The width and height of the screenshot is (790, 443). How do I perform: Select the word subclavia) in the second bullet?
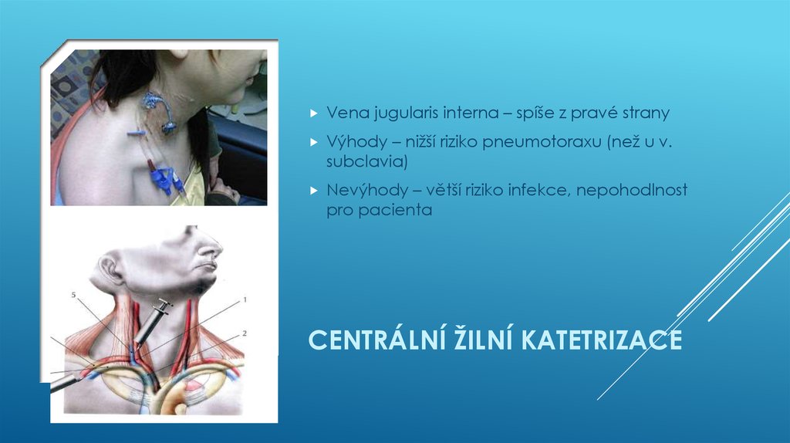[363, 162]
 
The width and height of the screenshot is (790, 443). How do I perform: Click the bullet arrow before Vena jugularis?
[313, 113]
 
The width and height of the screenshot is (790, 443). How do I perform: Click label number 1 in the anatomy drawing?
[244, 298]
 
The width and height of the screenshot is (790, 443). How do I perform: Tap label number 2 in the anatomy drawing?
[244, 333]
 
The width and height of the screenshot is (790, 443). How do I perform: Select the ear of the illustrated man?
[107, 271]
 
